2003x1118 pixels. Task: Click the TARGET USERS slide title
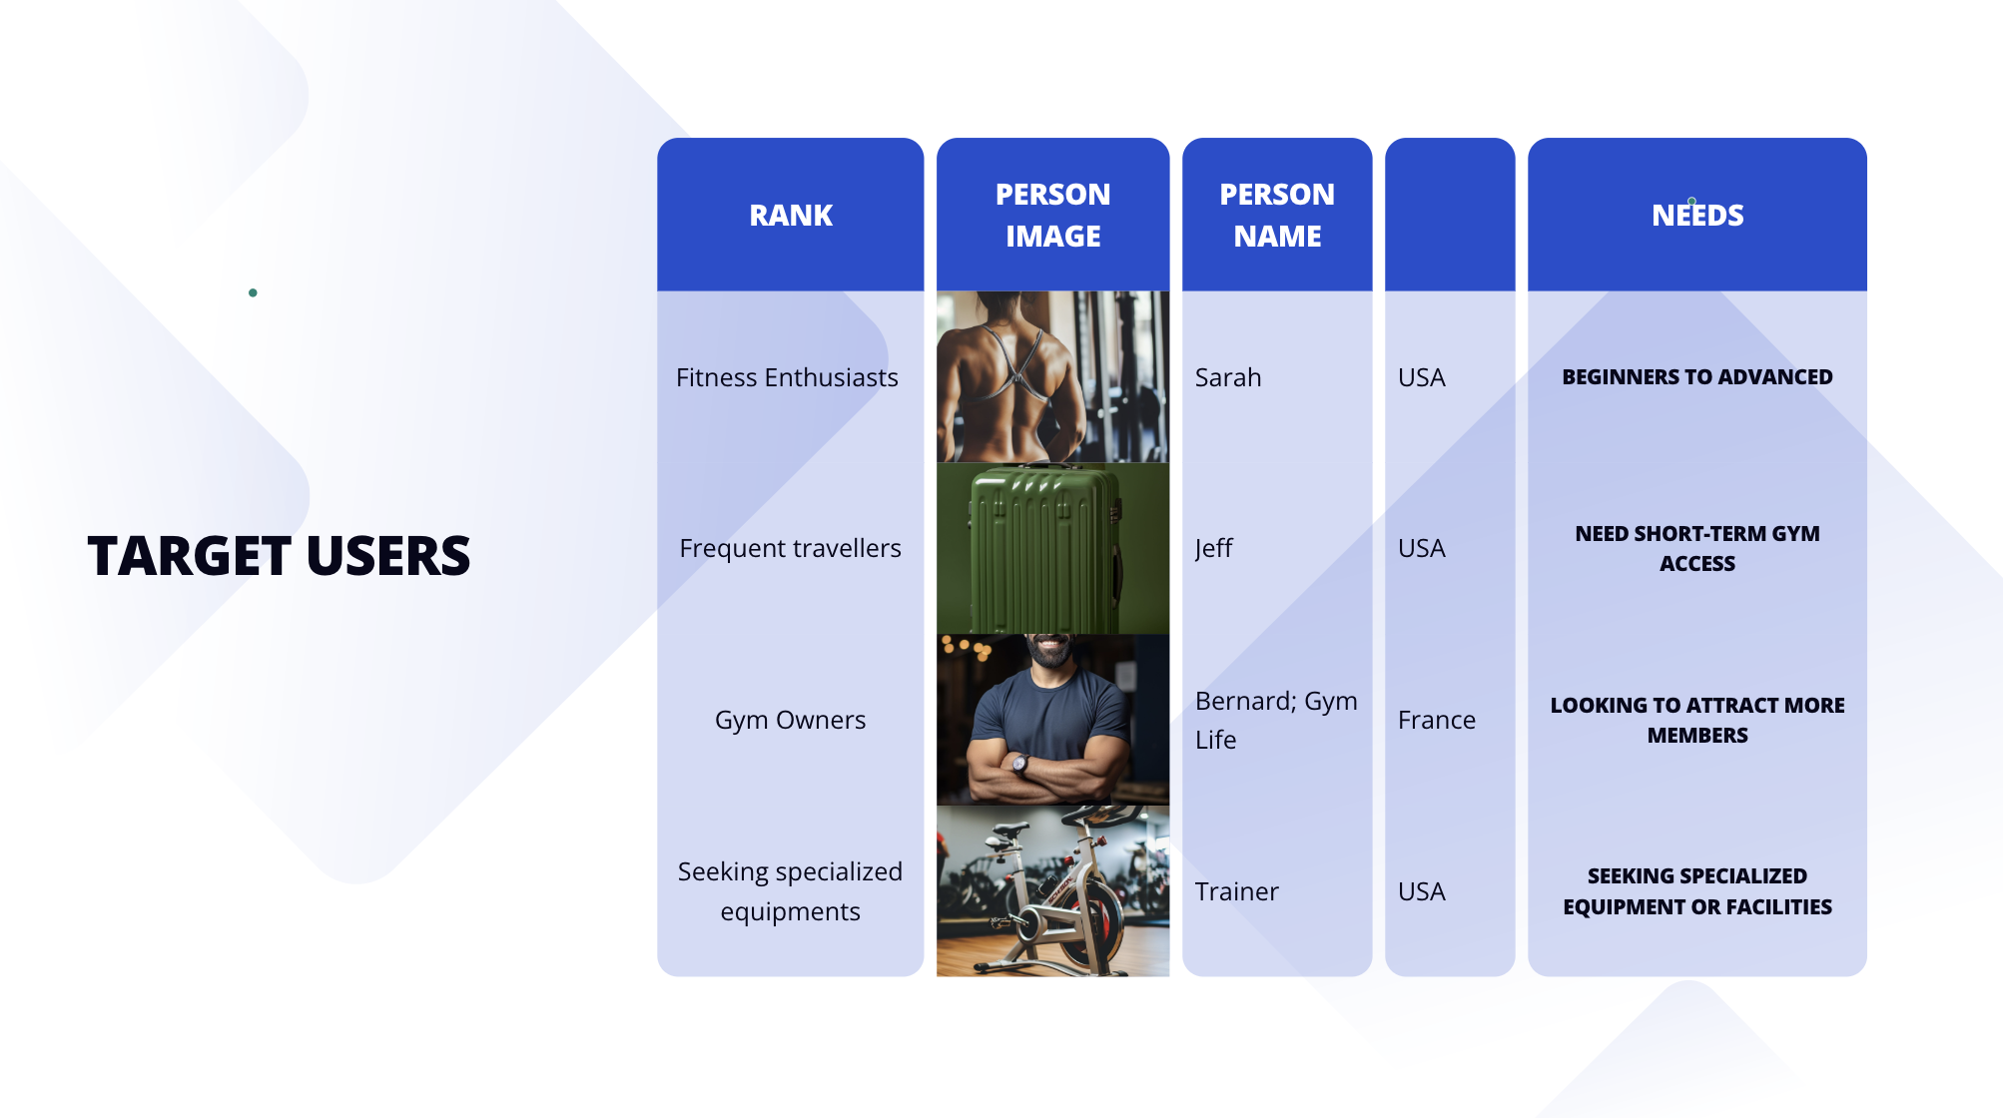tap(279, 556)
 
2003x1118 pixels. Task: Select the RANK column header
tap(791, 215)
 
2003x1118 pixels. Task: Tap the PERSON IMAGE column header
tap(1052, 215)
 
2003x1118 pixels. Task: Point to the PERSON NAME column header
tap(1277, 215)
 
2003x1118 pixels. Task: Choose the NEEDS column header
tap(1697, 215)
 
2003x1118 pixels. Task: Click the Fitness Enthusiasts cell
tap(787, 377)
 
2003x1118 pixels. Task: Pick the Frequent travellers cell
tap(790, 548)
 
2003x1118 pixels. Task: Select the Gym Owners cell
tap(790, 720)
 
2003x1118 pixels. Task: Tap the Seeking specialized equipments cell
tap(790, 891)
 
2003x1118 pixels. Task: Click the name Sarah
tap(1228, 377)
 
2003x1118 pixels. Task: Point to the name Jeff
tap(1213, 548)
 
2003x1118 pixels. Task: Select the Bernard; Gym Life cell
tap(1276, 720)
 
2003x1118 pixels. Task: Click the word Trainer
tap(1236, 891)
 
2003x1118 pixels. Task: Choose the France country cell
tap(1436, 720)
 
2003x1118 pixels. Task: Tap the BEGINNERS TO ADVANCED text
tap(1697, 377)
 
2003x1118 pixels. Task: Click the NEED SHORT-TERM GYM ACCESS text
tap(1697, 548)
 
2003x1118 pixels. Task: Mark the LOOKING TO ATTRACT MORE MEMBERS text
tap(1697, 720)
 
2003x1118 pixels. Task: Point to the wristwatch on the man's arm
tap(1020, 766)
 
